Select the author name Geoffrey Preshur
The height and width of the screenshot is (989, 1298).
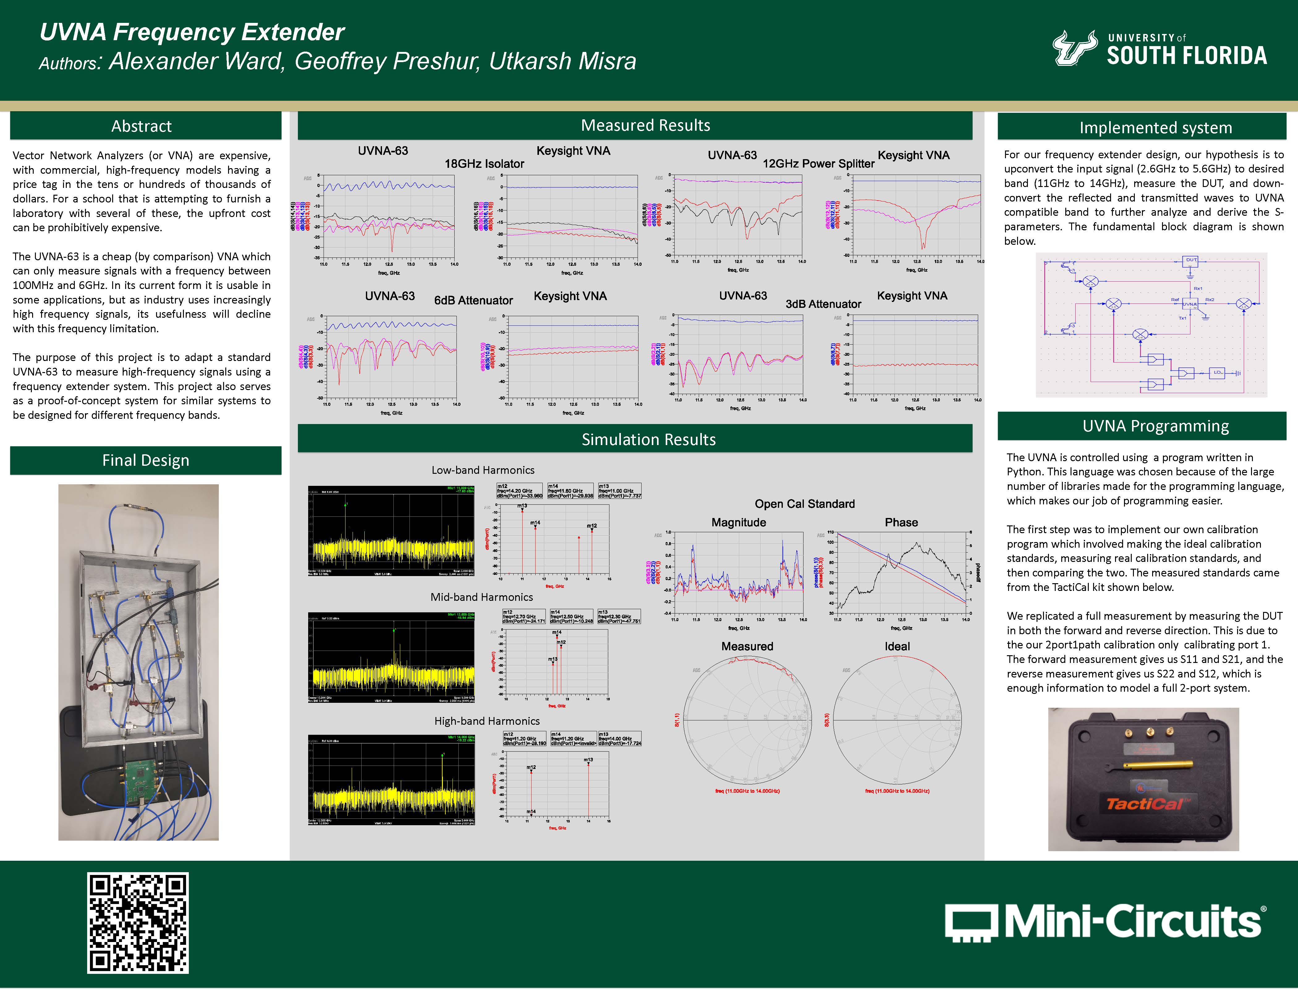[387, 61]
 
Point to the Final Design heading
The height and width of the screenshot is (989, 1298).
[145, 461]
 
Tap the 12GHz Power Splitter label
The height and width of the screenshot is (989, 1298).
[818, 164]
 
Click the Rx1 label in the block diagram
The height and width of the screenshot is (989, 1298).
[1198, 288]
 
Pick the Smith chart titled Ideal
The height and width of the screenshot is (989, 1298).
[897, 720]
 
